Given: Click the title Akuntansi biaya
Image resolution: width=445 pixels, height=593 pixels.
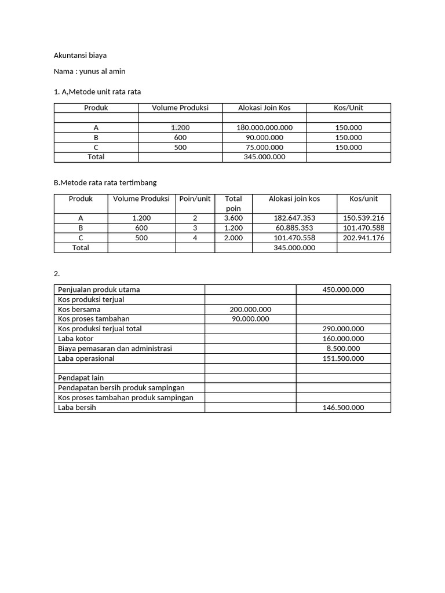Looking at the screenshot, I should pyautogui.click(x=80, y=55).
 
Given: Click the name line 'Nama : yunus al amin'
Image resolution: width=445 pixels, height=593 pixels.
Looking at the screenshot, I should pyautogui.click(x=89, y=71).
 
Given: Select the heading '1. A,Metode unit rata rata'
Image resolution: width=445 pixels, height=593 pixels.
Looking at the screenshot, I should pyautogui.click(x=97, y=91).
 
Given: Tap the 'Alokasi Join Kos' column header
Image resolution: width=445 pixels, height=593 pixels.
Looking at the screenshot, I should pyautogui.click(x=264, y=108).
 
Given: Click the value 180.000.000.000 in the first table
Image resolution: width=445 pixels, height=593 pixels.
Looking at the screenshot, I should pyautogui.click(x=264, y=127).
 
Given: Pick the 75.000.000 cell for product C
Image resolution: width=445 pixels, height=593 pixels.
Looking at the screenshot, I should pyautogui.click(x=264, y=147).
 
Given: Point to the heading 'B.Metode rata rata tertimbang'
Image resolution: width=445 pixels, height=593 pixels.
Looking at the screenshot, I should pyautogui.click(x=105, y=182).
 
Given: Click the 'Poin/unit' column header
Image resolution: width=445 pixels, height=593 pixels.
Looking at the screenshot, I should pyautogui.click(x=195, y=199).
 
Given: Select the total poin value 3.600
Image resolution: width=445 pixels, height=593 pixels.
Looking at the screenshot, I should pyautogui.click(x=234, y=218).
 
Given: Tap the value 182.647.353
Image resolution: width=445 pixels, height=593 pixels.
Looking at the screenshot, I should pyautogui.click(x=294, y=218).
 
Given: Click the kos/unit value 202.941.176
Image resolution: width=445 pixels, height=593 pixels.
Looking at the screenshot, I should pyautogui.click(x=363, y=238).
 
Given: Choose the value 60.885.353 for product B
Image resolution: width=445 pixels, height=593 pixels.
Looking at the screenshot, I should pyautogui.click(x=294, y=228).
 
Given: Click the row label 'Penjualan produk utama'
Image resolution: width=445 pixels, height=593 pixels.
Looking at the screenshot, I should pyautogui.click(x=99, y=290).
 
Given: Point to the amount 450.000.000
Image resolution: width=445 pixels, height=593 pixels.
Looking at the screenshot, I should pyautogui.click(x=343, y=290).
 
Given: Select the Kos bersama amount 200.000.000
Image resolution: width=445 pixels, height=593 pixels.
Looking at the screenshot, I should pyautogui.click(x=250, y=309).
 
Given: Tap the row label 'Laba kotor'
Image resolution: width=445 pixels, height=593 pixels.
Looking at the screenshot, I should pyautogui.click(x=76, y=339).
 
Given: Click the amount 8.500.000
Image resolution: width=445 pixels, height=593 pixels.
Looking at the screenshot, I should pyautogui.click(x=343, y=349).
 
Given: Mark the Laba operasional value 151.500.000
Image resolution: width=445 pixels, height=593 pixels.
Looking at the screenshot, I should pyautogui.click(x=343, y=358).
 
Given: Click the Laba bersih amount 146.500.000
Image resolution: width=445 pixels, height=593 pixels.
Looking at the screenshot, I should pyautogui.click(x=343, y=408).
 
